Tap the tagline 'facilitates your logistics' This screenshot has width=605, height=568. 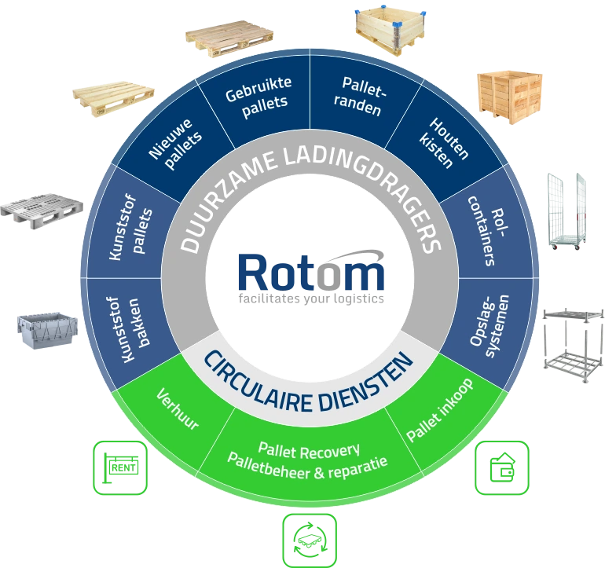pos(311,299)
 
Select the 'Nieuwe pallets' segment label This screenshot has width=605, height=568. pos(175,144)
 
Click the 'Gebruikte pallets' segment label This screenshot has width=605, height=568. pos(258,97)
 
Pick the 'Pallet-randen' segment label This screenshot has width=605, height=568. pos(360,96)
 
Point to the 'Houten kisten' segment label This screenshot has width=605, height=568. pos(444,143)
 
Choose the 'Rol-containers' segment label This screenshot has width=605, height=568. pos(487,231)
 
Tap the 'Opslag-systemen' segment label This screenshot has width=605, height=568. pos(489,326)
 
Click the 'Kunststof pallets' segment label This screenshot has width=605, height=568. pos(130,228)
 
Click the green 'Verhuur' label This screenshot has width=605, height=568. pos(178,409)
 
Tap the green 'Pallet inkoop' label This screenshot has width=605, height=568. pos(440,410)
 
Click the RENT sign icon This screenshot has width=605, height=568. pos(120,467)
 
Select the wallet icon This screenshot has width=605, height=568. pos(501,467)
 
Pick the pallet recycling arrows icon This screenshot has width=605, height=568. pos(310,541)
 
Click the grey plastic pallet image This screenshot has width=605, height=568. pos(42,211)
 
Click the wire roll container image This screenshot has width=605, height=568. pos(566,211)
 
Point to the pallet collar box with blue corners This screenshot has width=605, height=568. pos(390,30)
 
